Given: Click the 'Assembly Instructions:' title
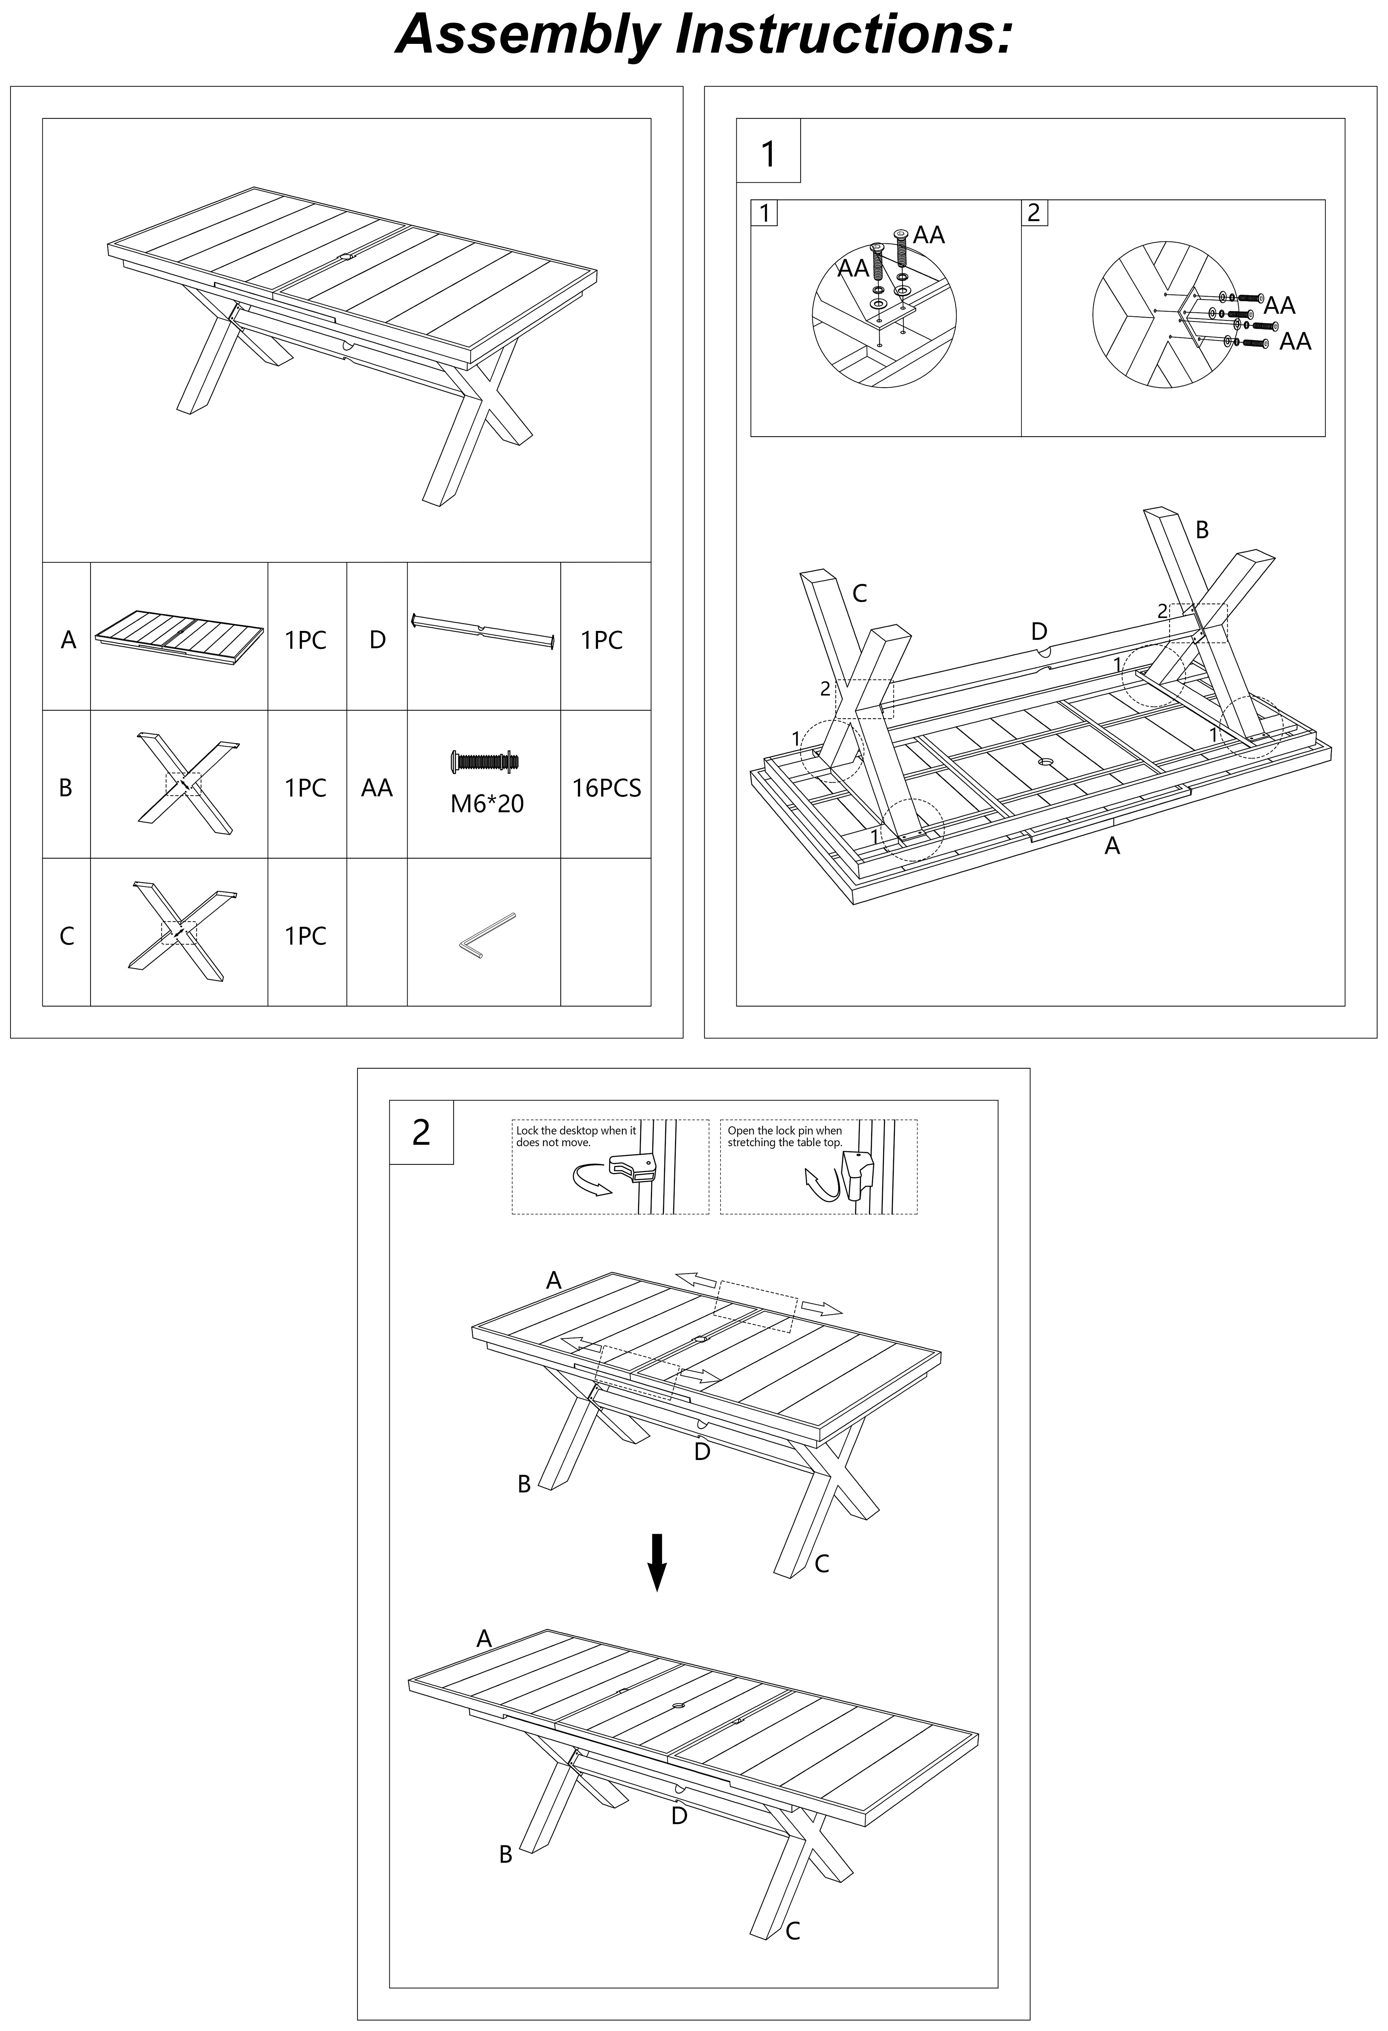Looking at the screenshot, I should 704,35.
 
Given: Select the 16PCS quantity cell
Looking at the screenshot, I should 606,788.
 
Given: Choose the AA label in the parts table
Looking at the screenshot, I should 377,788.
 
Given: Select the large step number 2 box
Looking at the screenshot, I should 421,1133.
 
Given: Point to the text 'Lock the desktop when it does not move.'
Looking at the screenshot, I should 576,1136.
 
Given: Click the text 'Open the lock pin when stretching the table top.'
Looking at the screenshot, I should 785,1136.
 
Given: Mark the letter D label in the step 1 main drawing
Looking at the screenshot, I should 1038,631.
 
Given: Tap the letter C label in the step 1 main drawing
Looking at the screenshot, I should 859,593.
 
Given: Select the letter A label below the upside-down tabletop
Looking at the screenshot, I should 1112,846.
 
